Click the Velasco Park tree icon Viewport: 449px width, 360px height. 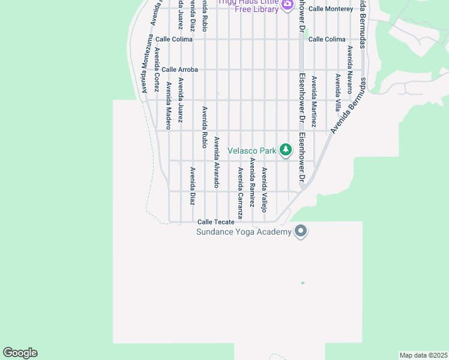point(286,149)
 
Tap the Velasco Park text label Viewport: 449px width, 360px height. point(252,149)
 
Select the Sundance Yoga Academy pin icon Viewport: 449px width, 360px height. point(301,231)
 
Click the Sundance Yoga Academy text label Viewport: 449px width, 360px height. point(244,232)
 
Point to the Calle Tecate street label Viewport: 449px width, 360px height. point(216,222)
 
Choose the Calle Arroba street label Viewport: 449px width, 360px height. point(179,70)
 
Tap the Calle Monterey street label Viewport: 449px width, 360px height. point(331,9)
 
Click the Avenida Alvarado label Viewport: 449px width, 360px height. point(217,162)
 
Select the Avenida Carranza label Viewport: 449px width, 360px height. point(240,193)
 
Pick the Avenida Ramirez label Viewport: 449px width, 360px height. point(253,184)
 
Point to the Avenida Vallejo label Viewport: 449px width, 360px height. point(264,190)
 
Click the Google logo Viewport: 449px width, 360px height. point(20,353)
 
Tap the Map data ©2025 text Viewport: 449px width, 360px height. point(424,355)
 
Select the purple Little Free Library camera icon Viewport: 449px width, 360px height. point(287,4)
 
